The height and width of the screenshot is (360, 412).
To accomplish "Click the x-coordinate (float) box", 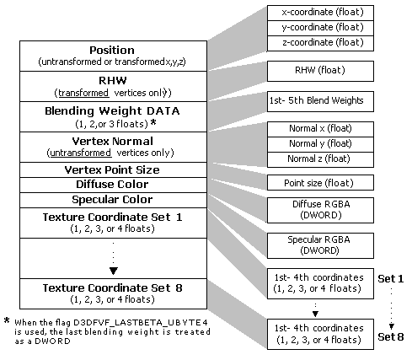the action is tap(320, 13).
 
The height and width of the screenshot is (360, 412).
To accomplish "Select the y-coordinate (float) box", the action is tap(320, 28).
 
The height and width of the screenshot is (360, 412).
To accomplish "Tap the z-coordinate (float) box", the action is tap(320, 43).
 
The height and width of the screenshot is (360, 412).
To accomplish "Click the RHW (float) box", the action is tap(320, 71).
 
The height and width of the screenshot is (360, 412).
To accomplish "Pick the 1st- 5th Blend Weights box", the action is tap(320, 101).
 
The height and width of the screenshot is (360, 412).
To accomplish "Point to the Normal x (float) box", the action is tap(320, 129).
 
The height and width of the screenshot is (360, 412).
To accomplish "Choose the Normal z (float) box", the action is tap(320, 159).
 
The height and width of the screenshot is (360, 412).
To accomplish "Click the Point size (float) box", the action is tap(320, 183).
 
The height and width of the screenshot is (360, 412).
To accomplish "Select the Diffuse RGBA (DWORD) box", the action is tap(320, 210).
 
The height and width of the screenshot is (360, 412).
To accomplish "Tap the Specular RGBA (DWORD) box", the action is tap(320, 245).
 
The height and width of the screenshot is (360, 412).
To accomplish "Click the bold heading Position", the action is tap(112, 51).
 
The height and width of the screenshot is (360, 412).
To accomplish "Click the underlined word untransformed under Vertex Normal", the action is tap(81, 153).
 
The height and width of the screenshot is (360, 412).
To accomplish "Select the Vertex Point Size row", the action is tap(113, 169).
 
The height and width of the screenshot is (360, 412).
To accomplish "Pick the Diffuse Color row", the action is tap(113, 185).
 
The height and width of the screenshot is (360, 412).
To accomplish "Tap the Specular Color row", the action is tap(113, 200).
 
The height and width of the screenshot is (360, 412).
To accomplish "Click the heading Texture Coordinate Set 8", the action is tap(112, 288).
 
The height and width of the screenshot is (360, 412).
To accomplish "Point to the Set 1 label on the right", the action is tap(391, 279).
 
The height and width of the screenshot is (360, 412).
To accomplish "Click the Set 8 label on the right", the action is tap(391, 336).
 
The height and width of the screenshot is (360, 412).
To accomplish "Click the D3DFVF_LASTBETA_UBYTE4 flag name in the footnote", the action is tap(141, 322).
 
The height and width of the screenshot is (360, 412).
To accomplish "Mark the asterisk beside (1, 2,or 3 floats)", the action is tap(153, 122).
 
